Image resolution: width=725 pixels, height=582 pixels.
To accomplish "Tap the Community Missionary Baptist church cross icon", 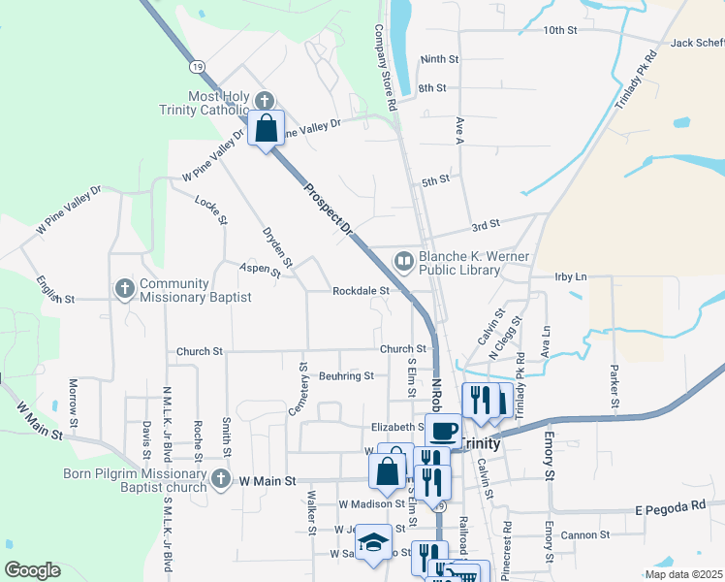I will [124, 289].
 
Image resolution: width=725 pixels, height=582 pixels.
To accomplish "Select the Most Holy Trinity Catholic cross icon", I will [265, 101].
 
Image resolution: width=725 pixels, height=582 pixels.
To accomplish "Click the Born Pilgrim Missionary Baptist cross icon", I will [221, 478].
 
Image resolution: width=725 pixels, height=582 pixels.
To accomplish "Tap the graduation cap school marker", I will [371, 544].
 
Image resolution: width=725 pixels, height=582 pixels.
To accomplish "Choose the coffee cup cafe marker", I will [443, 430].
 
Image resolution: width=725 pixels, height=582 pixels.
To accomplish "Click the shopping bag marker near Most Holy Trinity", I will [267, 127].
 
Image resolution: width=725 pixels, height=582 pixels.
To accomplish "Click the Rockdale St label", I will [361, 290].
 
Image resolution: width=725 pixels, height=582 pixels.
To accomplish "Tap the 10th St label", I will [560, 30].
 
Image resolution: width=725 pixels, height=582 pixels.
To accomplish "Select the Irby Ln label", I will [571, 276].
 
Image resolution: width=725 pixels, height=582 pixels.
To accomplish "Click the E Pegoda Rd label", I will [671, 506].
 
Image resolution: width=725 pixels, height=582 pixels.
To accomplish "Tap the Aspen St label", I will [261, 271].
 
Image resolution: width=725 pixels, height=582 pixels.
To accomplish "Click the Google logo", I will [32, 570].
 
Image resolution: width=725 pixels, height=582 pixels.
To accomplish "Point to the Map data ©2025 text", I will [684, 573].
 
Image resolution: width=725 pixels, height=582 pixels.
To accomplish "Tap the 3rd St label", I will [485, 224].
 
